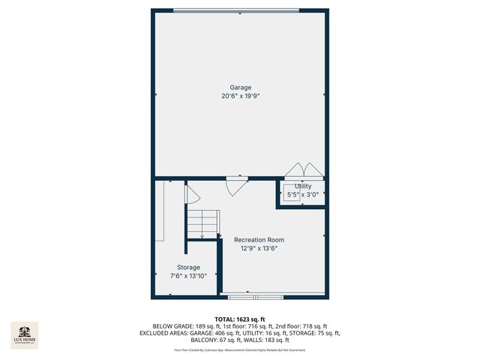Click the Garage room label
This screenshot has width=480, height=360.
point(240,88)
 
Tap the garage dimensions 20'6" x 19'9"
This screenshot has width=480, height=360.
point(240,96)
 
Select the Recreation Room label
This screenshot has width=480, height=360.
point(259,240)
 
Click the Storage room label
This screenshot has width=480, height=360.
point(188,268)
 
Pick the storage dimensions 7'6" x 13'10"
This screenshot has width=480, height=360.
point(188,276)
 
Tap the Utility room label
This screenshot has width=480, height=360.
point(303,186)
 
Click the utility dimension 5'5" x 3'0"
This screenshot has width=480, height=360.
point(303,194)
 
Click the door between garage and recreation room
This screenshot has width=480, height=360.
point(236,184)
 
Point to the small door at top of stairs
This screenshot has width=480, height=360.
point(191,196)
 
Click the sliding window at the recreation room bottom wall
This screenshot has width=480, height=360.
point(255,295)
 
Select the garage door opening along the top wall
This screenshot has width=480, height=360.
point(240,10)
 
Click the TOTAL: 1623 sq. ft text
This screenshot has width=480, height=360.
point(240,319)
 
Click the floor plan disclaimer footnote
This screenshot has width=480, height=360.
point(240,349)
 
